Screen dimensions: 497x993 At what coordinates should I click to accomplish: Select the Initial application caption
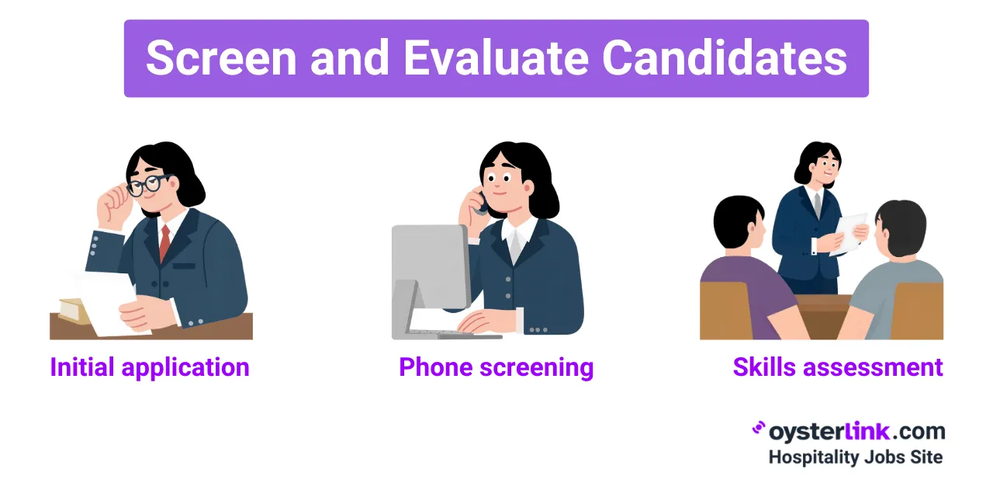coord(150,367)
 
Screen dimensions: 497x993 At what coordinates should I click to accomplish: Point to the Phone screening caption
coord(496,367)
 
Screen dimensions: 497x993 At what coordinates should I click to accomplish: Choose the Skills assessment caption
coord(838,367)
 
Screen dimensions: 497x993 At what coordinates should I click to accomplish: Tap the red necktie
coord(164,242)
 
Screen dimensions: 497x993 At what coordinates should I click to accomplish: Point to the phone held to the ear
coord(482,204)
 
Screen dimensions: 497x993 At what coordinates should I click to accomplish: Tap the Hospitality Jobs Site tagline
coord(856,457)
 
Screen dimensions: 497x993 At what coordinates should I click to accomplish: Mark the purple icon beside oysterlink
coord(759,429)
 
